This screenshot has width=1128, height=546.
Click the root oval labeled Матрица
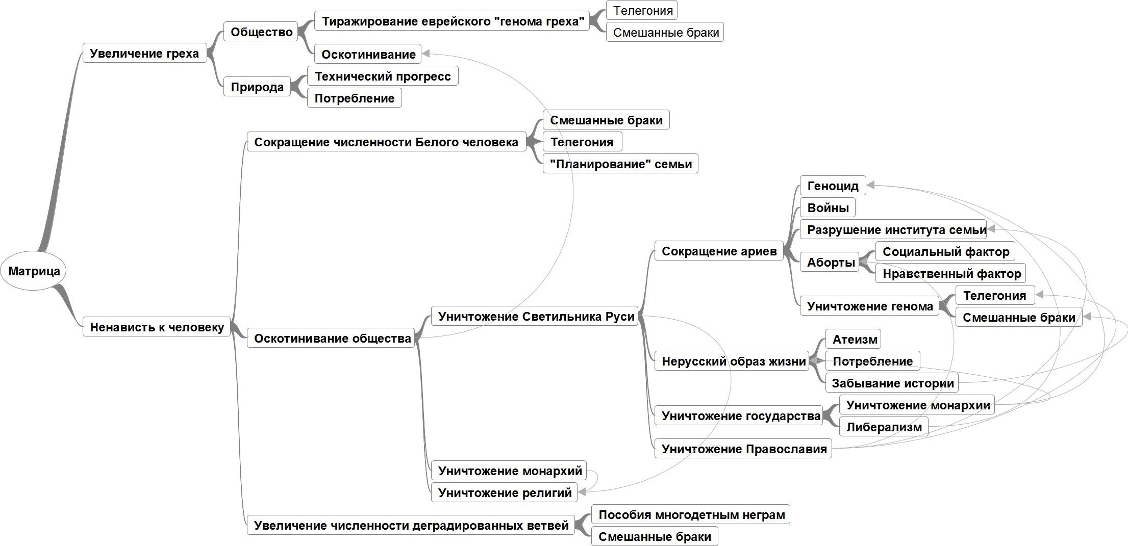coord(34,271)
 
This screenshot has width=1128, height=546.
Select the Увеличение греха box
coord(144,53)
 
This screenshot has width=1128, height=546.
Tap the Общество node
coord(261,32)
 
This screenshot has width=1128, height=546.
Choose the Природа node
coord(257,87)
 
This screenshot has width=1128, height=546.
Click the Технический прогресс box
coord(383,76)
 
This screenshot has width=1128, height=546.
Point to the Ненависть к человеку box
coord(157,327)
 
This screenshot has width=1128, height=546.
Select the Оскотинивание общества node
coord(332,338)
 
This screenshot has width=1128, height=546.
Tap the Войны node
coord(828,207)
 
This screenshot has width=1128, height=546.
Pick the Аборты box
coord(830,262)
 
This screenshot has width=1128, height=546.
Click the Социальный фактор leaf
coord(945,251)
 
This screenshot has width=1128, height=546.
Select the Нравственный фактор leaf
coord(951,273)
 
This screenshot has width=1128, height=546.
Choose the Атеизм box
coord(854,339)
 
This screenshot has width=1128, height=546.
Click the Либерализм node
coord(884,427)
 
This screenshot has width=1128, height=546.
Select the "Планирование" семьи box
coord(620,164)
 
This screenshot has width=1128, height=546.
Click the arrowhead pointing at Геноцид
coord(871,186)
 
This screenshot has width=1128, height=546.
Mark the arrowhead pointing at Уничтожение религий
coord(582,492)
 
